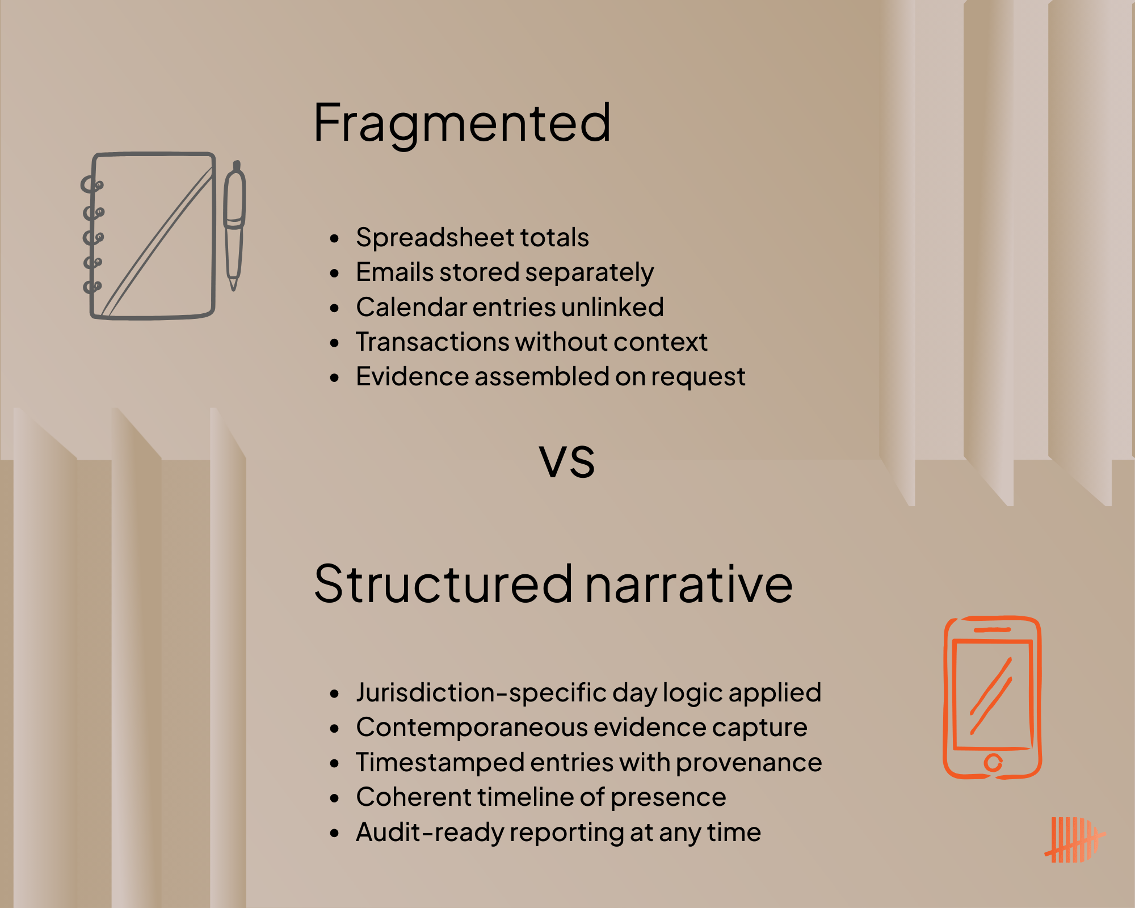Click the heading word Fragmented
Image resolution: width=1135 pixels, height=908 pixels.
(462, 124)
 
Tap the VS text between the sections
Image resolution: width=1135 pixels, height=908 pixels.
(567, 461)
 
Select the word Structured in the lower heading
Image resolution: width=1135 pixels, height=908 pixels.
(443, 585)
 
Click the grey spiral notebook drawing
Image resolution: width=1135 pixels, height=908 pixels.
(150, 236)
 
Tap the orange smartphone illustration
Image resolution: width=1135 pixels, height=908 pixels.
(992, 697)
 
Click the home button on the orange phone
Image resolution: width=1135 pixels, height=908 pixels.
(993, 763)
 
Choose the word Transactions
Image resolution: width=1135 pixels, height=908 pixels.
(432, 342)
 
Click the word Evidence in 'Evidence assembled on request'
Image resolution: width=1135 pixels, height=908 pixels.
(412, 377)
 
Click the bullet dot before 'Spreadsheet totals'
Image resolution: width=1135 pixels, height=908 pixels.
(334, 238)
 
